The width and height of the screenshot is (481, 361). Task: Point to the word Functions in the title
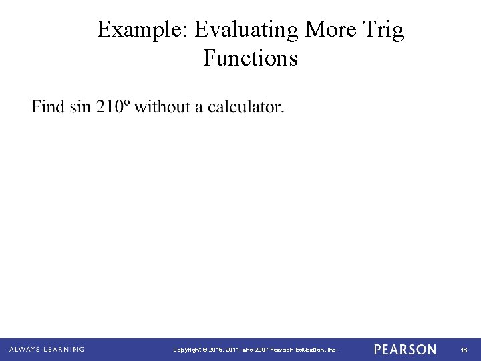[x=251, y=58]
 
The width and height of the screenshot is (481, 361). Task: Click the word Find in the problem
[x=49, y=106]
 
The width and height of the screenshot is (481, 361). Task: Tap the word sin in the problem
[x=81, y=106]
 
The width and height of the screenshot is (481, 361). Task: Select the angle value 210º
[x=113, y=106]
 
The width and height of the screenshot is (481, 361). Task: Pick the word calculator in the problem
[x=245, y=106]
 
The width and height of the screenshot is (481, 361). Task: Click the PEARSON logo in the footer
[x=405, y=350]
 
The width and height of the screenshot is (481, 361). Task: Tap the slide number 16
[x=463, y=350]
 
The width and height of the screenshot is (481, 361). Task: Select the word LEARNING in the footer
[x=63, y=349]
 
